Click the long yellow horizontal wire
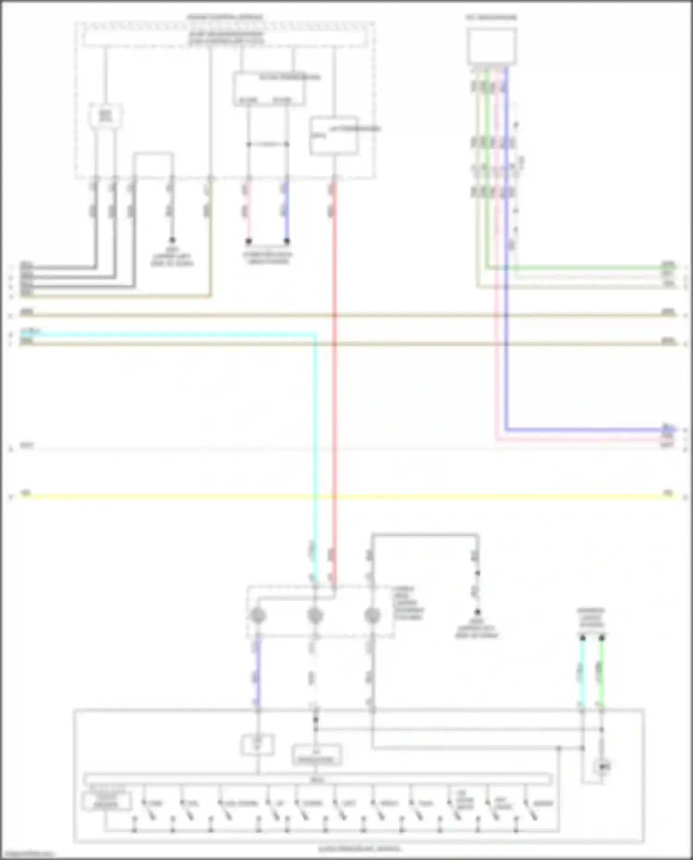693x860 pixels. (x=347, y=497)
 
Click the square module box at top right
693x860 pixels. (x=491, y=46)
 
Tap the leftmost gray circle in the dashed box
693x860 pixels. (x=258, y=616)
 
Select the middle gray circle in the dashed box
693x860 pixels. (x=315, y=616)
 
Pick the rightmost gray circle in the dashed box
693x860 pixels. (x=372, y=616)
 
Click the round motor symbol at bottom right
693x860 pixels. (x=602, y=767)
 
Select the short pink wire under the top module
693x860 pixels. (x=249, y=210)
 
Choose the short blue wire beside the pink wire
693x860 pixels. (x=287, y=210)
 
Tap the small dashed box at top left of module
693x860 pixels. (x=106, y=116)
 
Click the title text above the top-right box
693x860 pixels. (x=491, y=18)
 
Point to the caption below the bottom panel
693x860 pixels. (x=359, y=848)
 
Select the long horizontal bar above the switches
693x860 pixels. (x=318, y=780)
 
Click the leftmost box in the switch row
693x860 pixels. (x=106, y=802)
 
